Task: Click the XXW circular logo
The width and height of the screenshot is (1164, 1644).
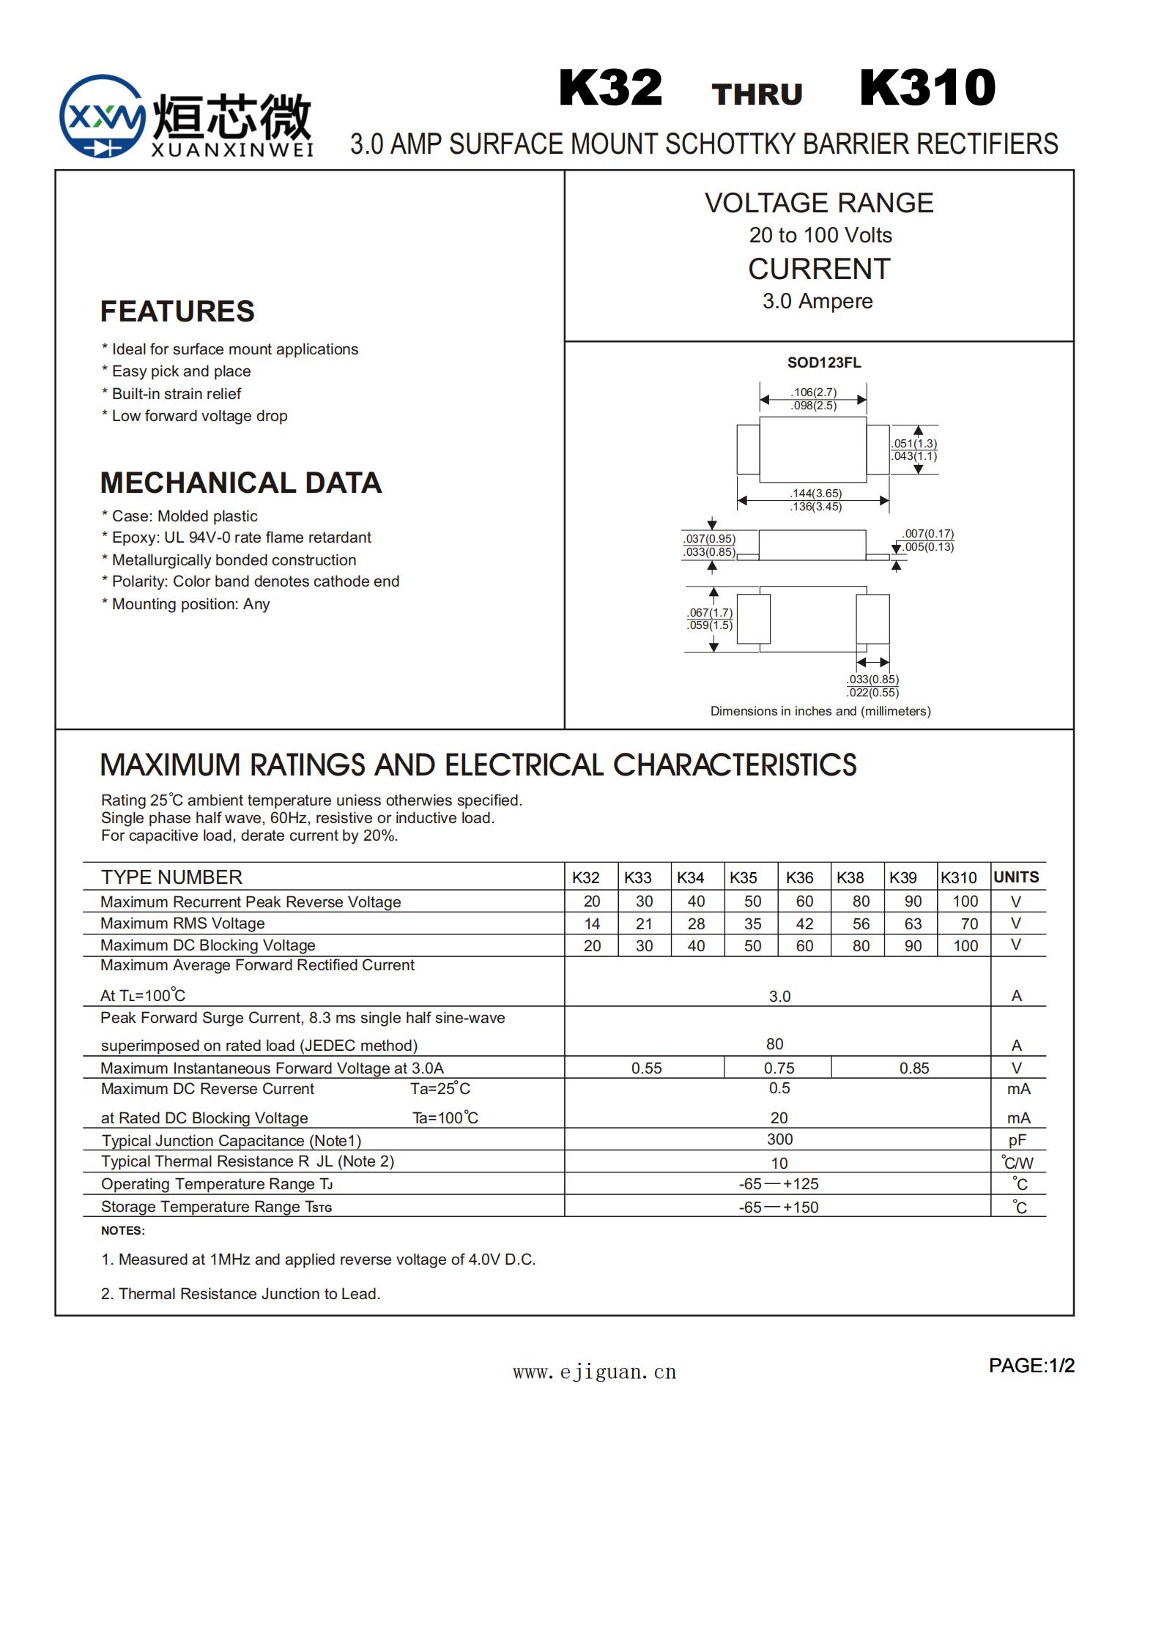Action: pyautogui.click(x=102, y=116)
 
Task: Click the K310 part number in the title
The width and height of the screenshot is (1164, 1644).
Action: pyautogui.click(x=927, y=88)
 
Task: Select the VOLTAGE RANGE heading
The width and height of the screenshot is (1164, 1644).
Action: pyautogui.click(x=819, y=203)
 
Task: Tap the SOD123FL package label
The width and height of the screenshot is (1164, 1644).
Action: pyautogui.click(x=824, y=362)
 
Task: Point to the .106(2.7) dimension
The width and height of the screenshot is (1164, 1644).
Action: pyautogui.click(x=813, y=393)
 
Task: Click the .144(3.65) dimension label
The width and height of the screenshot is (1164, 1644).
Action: pyautogui.click(x=816, y=494)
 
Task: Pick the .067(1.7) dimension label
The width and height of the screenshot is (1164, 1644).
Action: pyautogui.click(x=710, y=613)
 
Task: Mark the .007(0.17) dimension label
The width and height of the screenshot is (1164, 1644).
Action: pyautogui.click(x=928, y=534)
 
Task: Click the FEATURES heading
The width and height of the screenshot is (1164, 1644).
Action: pyautogui.click(x=177, y=311)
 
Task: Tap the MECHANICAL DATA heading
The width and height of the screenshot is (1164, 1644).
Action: pyautogui.click(x=241, y=483)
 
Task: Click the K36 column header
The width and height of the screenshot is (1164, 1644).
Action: pyautogui.click(x=799, y=877)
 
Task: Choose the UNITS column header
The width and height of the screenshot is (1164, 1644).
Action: pyautogui.click(x=1016, y=877)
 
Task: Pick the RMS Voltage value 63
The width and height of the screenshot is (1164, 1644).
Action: pyautogui.click(x=913, y=924)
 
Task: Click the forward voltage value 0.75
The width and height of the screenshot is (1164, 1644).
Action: pyautogui.click(x=779, y=1068)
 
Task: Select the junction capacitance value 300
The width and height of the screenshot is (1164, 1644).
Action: pyautogui.click(x=779, y=1139)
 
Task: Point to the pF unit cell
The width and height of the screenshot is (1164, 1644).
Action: pyautogui.click(x=1017, y=1140)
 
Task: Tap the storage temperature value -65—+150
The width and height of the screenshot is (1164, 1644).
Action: pyautogui.click(x=779, y=1208)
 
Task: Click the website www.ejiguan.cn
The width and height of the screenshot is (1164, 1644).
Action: pyautogui.click(x=594, y=1372)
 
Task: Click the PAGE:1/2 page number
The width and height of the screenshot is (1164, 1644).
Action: pyautogui.click(x=1031, y=1366)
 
